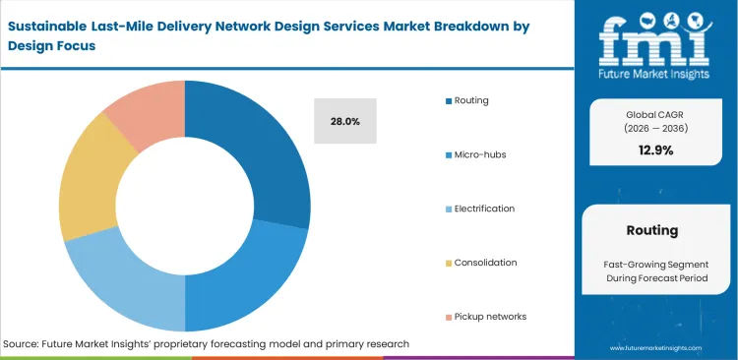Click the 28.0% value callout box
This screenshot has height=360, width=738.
(x=344, y=121)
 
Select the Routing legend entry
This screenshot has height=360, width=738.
(x=471, y=100)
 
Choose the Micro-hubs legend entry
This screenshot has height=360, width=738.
(x=479, y=154)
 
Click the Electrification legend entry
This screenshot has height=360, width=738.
(x=484, y=209)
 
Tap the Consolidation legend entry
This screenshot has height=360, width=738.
(x=484, y=263)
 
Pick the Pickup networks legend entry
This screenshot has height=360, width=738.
(x=489, y=317)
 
